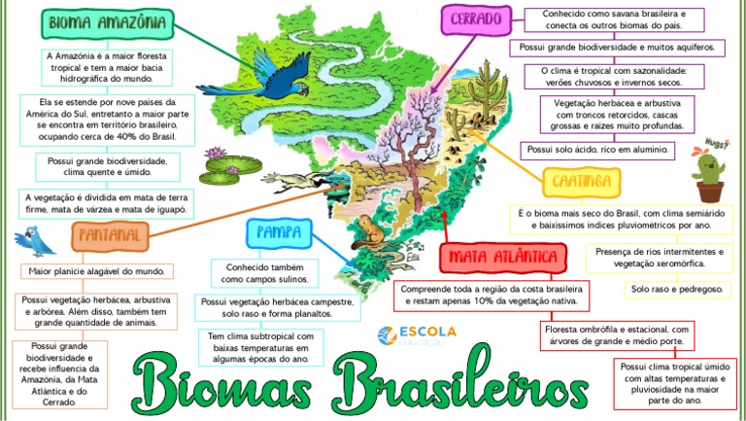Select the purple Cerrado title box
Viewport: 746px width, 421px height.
(476, 18)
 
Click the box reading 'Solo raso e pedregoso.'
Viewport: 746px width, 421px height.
(675, 289)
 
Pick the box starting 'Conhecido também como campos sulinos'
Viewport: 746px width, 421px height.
(265, 272)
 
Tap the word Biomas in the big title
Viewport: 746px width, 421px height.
(220, 379)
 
